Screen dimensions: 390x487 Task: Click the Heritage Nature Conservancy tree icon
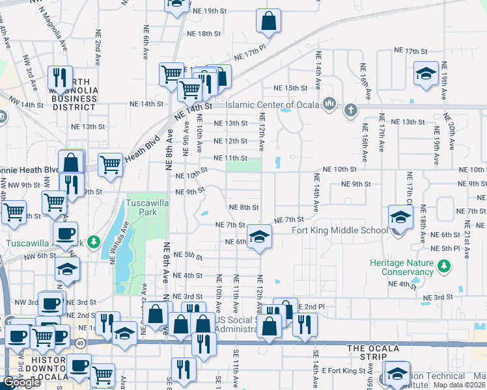[x=445, y=266]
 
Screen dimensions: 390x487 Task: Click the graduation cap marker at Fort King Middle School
[x=400, y=218]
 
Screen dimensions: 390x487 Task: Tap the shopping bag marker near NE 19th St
[x=268, y=21]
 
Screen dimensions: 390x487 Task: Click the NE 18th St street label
[x=204, y=34]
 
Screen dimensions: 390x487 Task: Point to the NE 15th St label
[x=290, y=88]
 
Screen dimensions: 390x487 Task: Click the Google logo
[x=21, y=382]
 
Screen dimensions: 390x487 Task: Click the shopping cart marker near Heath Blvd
[x=111, y=165]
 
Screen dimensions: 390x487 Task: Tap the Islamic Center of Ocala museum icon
[x=329, y=104]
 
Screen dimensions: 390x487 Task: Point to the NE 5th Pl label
[x=446, y=248]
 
